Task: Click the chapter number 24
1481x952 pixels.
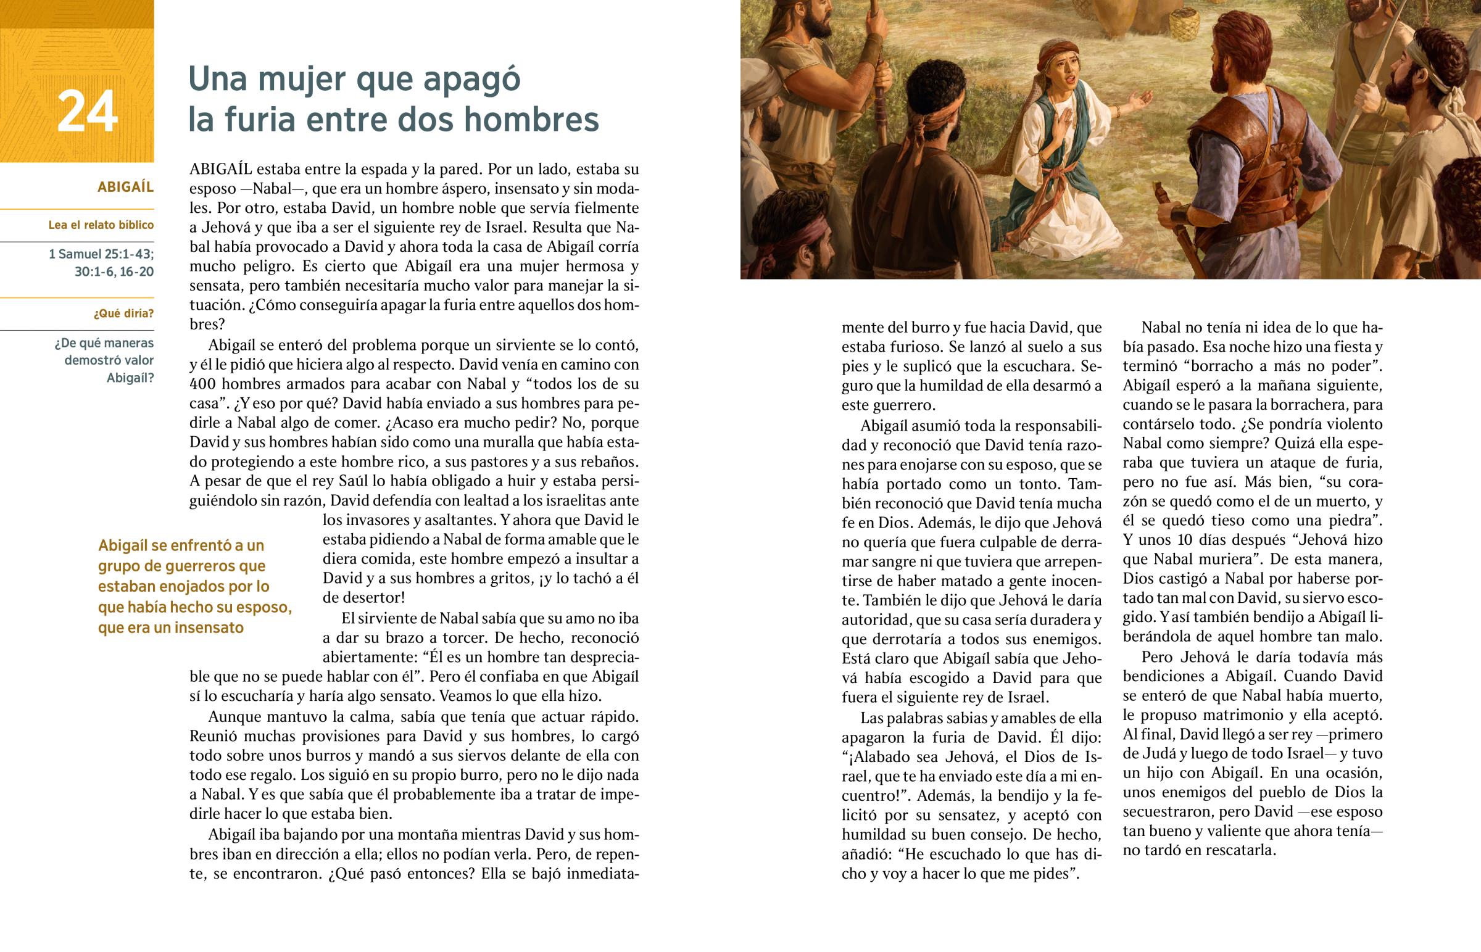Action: coord(87,112)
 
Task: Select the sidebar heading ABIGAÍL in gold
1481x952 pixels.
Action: coord(125,188)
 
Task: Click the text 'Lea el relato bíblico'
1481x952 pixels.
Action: coord(101,225)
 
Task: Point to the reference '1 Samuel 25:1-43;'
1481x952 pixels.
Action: coord(101,254)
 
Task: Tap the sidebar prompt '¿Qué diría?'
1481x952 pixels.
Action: coord(123,313)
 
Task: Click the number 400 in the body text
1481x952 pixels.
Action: coord(202,384)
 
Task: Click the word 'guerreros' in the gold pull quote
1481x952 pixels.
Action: coord(230,566)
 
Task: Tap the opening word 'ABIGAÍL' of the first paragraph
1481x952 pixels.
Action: coord(221,169)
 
